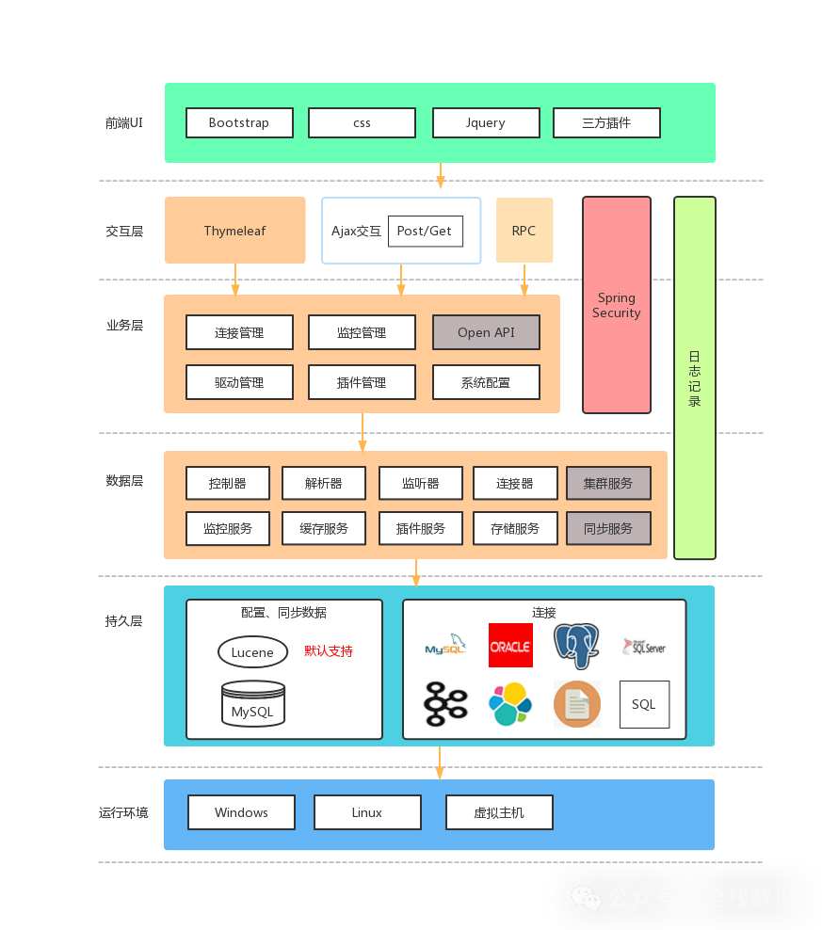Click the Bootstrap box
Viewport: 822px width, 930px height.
[x=239, y=122]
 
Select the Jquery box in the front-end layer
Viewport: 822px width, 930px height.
[x=486, y=122]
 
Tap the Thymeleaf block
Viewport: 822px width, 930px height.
[x=235, y=231]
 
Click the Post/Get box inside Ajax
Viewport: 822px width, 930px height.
[x=425, y=231]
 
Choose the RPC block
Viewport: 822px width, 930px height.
[x=524, y=231]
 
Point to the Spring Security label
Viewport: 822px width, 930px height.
[x=616, y=305]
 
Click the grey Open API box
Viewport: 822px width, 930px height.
[x=486, y=332]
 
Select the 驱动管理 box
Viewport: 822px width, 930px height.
[x=239, y=382]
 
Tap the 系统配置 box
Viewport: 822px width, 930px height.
[x=486, y=382]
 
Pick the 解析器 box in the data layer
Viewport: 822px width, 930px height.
[x=324, y=483]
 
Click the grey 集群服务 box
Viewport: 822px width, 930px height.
[x=608, y=483]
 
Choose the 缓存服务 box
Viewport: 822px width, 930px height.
[x=324, y=528]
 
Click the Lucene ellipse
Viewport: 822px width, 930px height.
[x=252, y=652]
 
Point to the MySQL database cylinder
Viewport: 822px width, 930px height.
[x=252, y=703]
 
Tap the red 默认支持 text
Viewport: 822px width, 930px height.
[x=329, y=651]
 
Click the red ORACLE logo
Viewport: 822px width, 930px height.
[x=510, y=646]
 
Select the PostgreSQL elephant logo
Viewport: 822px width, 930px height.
[x=576, y=646]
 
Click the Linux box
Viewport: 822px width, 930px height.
[x=367, y=812]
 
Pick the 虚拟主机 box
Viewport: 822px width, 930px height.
[x=499, y=812]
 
